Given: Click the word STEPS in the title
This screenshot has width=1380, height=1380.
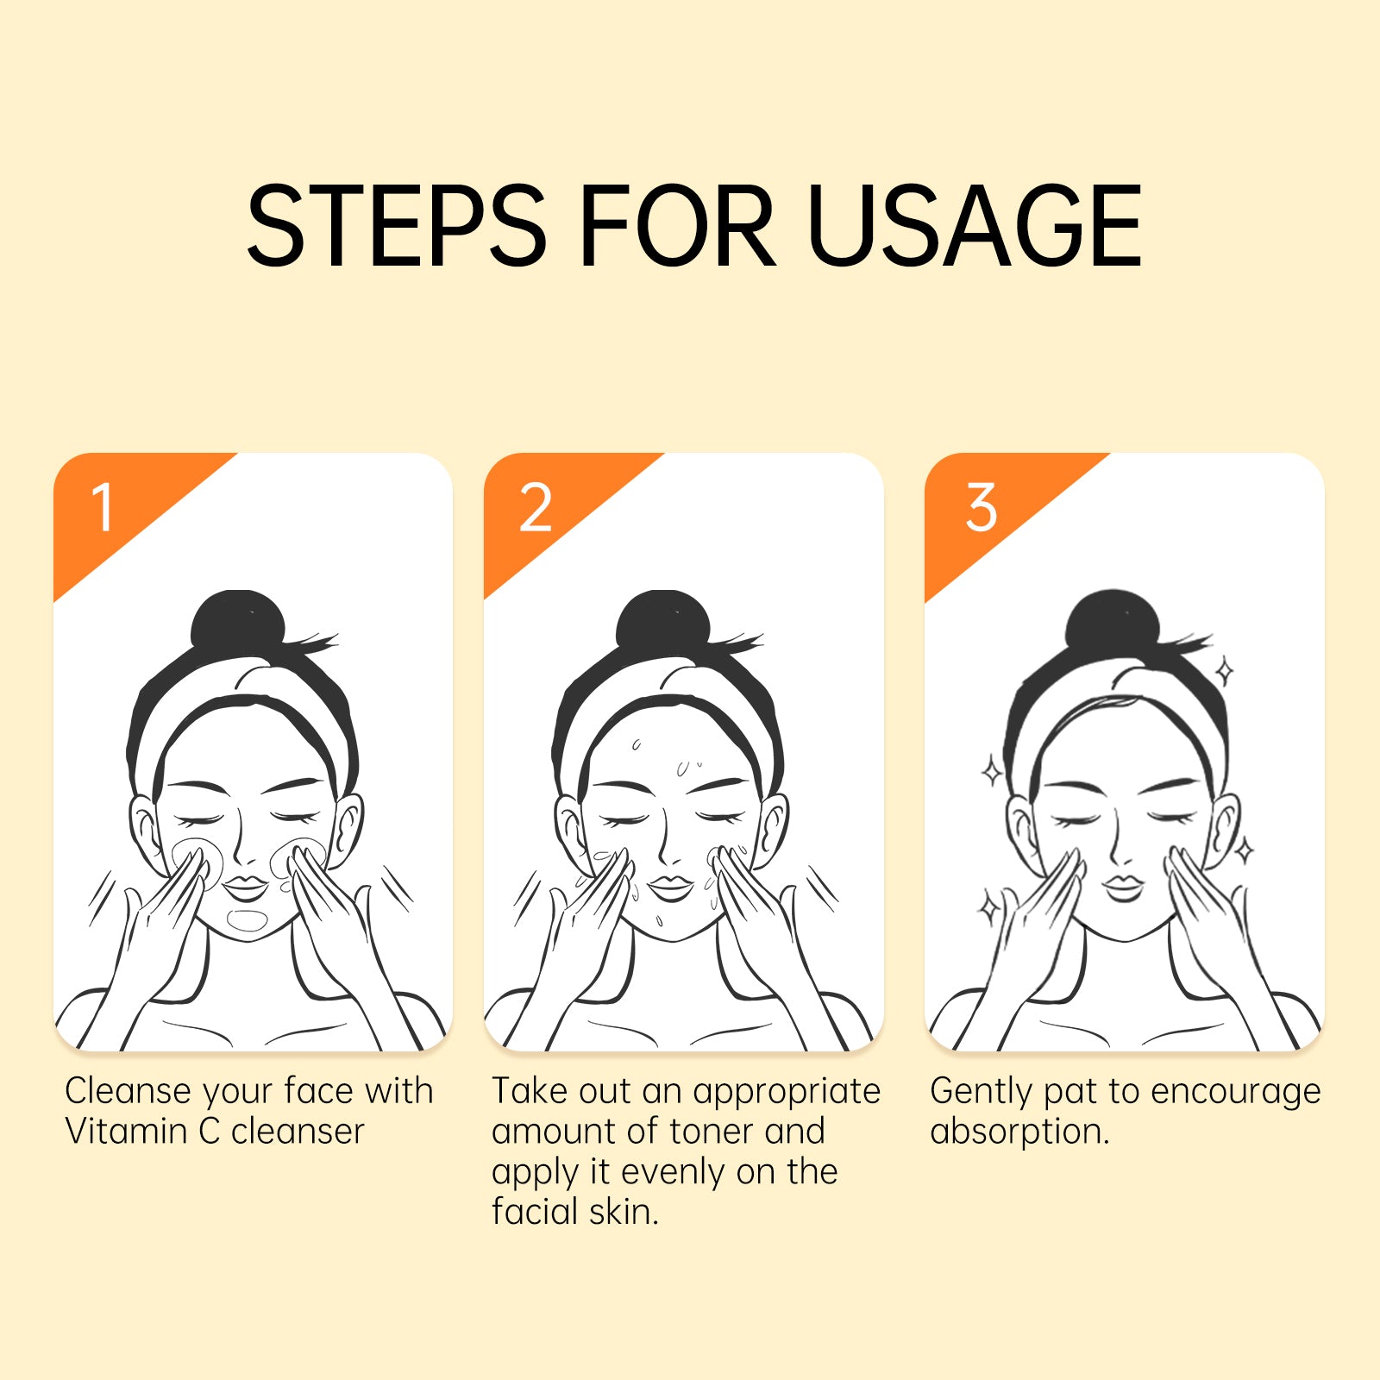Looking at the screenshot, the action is pos(397,225).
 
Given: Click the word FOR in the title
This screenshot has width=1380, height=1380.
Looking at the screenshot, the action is pos(677,225).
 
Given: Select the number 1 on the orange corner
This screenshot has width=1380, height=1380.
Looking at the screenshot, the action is pos(103,506).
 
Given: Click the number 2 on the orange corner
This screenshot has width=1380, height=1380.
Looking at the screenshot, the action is pos(535,507).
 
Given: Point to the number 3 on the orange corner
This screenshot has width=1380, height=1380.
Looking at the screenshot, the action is pos(982,507).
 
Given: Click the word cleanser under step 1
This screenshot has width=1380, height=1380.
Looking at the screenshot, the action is pos(298,1132).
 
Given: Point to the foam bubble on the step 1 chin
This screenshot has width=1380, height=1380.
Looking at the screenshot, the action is pos(248,920).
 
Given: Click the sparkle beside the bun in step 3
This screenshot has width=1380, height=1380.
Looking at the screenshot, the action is pos(1224,671).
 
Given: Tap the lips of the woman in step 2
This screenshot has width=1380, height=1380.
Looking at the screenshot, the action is pos(671,888).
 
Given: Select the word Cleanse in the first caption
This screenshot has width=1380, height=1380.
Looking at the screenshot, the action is pos(128,1091).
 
